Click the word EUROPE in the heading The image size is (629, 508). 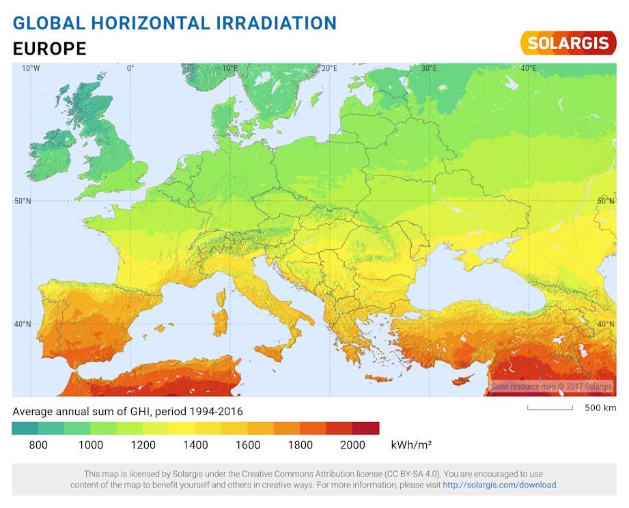[x=49, y=49]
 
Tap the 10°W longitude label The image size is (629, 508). [x=30, y=68]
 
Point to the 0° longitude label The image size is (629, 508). [x=130, y=68]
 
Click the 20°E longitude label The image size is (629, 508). [x=330, y=68]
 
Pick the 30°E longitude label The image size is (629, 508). [x=429, y=68]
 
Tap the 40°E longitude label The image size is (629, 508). [x=528, y=68]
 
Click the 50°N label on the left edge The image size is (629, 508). [x=23, y=201]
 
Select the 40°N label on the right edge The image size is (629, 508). [x=605, y=324]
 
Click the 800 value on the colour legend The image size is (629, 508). [x=38, y=445]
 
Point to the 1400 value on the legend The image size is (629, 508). [x=195, y=445]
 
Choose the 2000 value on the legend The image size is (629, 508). [x=352, y=445]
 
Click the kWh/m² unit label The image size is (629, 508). [x=410, y=445]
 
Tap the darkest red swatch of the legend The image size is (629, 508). [x=366, y=428]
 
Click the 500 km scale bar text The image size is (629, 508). [x=600, y=408]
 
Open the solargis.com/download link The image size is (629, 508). [x=499, y=485]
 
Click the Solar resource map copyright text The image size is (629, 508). [x=552, y=387]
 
